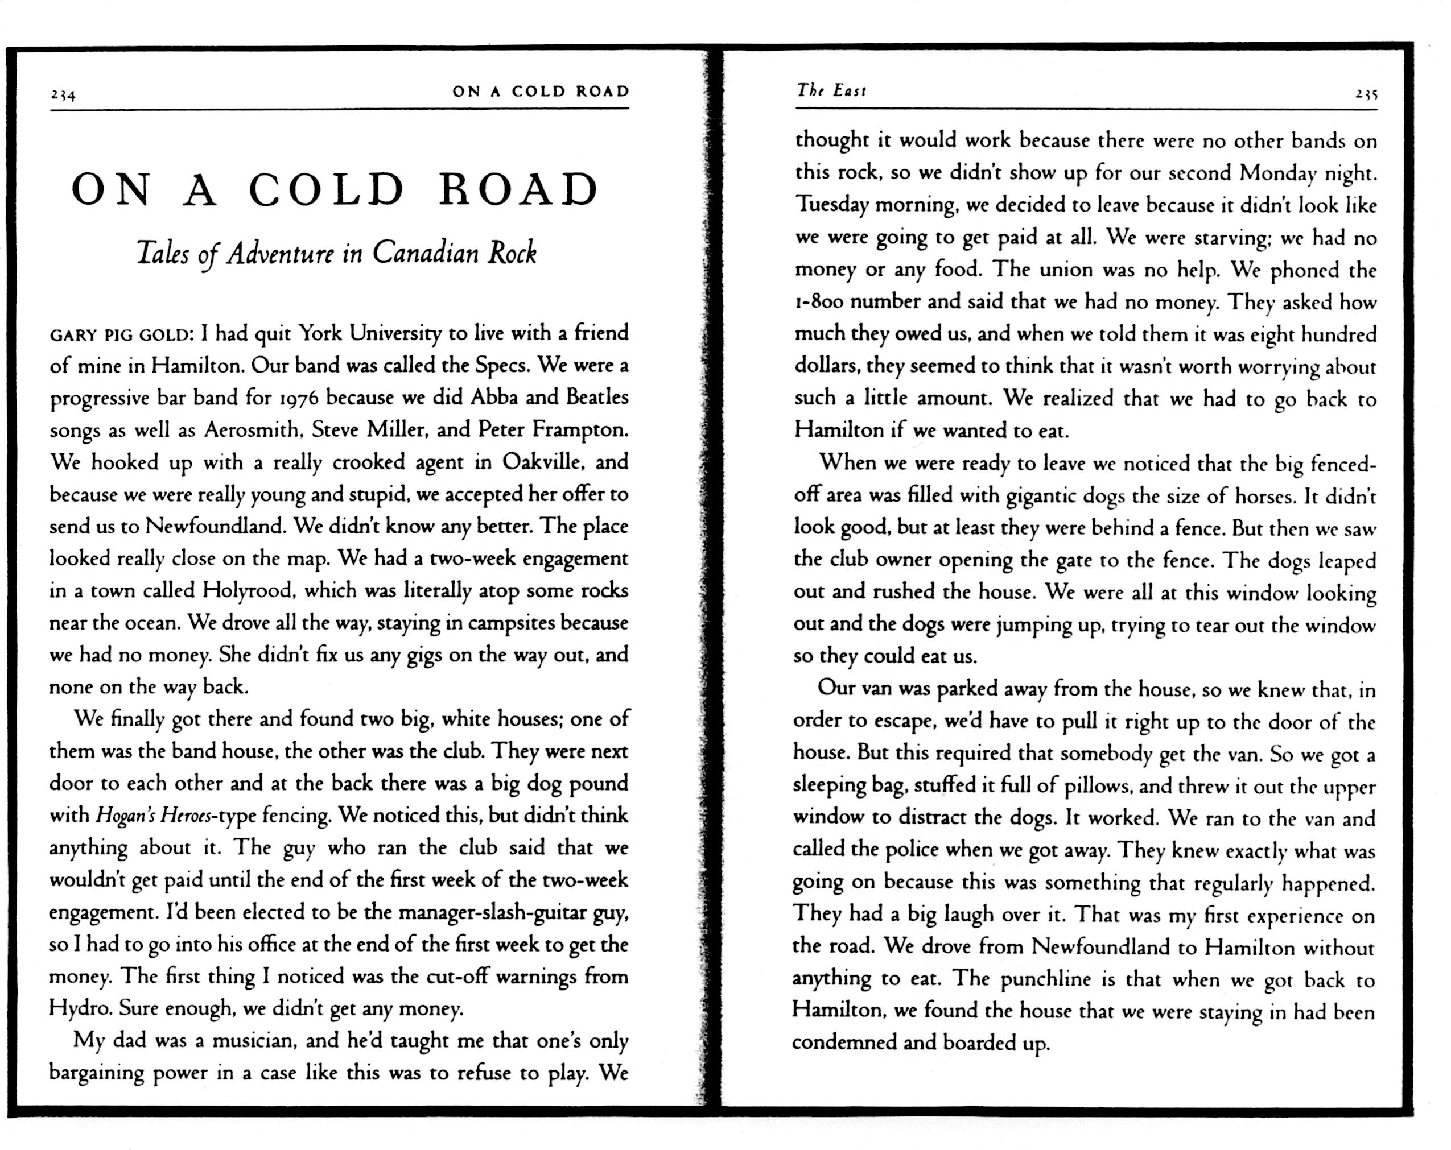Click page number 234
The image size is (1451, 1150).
[63, 96]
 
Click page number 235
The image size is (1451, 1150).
[1366, 95]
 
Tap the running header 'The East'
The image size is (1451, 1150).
[831, 90]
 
